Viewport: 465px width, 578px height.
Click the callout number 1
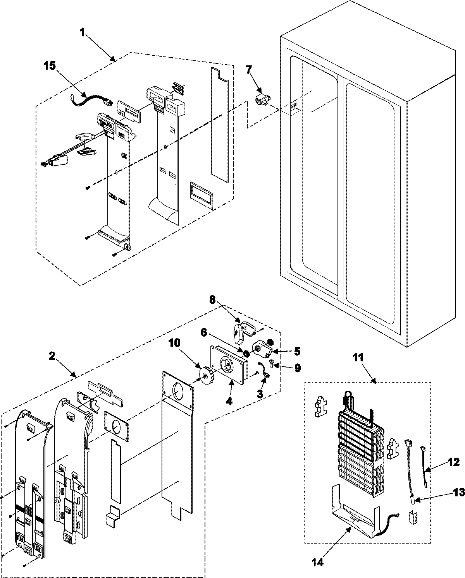[x=82, y=33]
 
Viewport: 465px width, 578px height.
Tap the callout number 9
[x=297, y=369]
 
